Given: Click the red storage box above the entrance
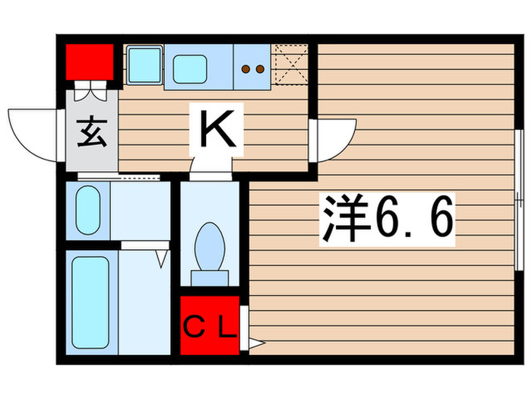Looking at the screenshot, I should coord(89,62).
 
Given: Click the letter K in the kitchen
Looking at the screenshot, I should coord(217,129).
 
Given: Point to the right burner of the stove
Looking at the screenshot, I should coord(260,68).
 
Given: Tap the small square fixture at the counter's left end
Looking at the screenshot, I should coord(143,64).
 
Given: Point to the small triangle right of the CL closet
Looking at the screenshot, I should coord(256,344).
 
